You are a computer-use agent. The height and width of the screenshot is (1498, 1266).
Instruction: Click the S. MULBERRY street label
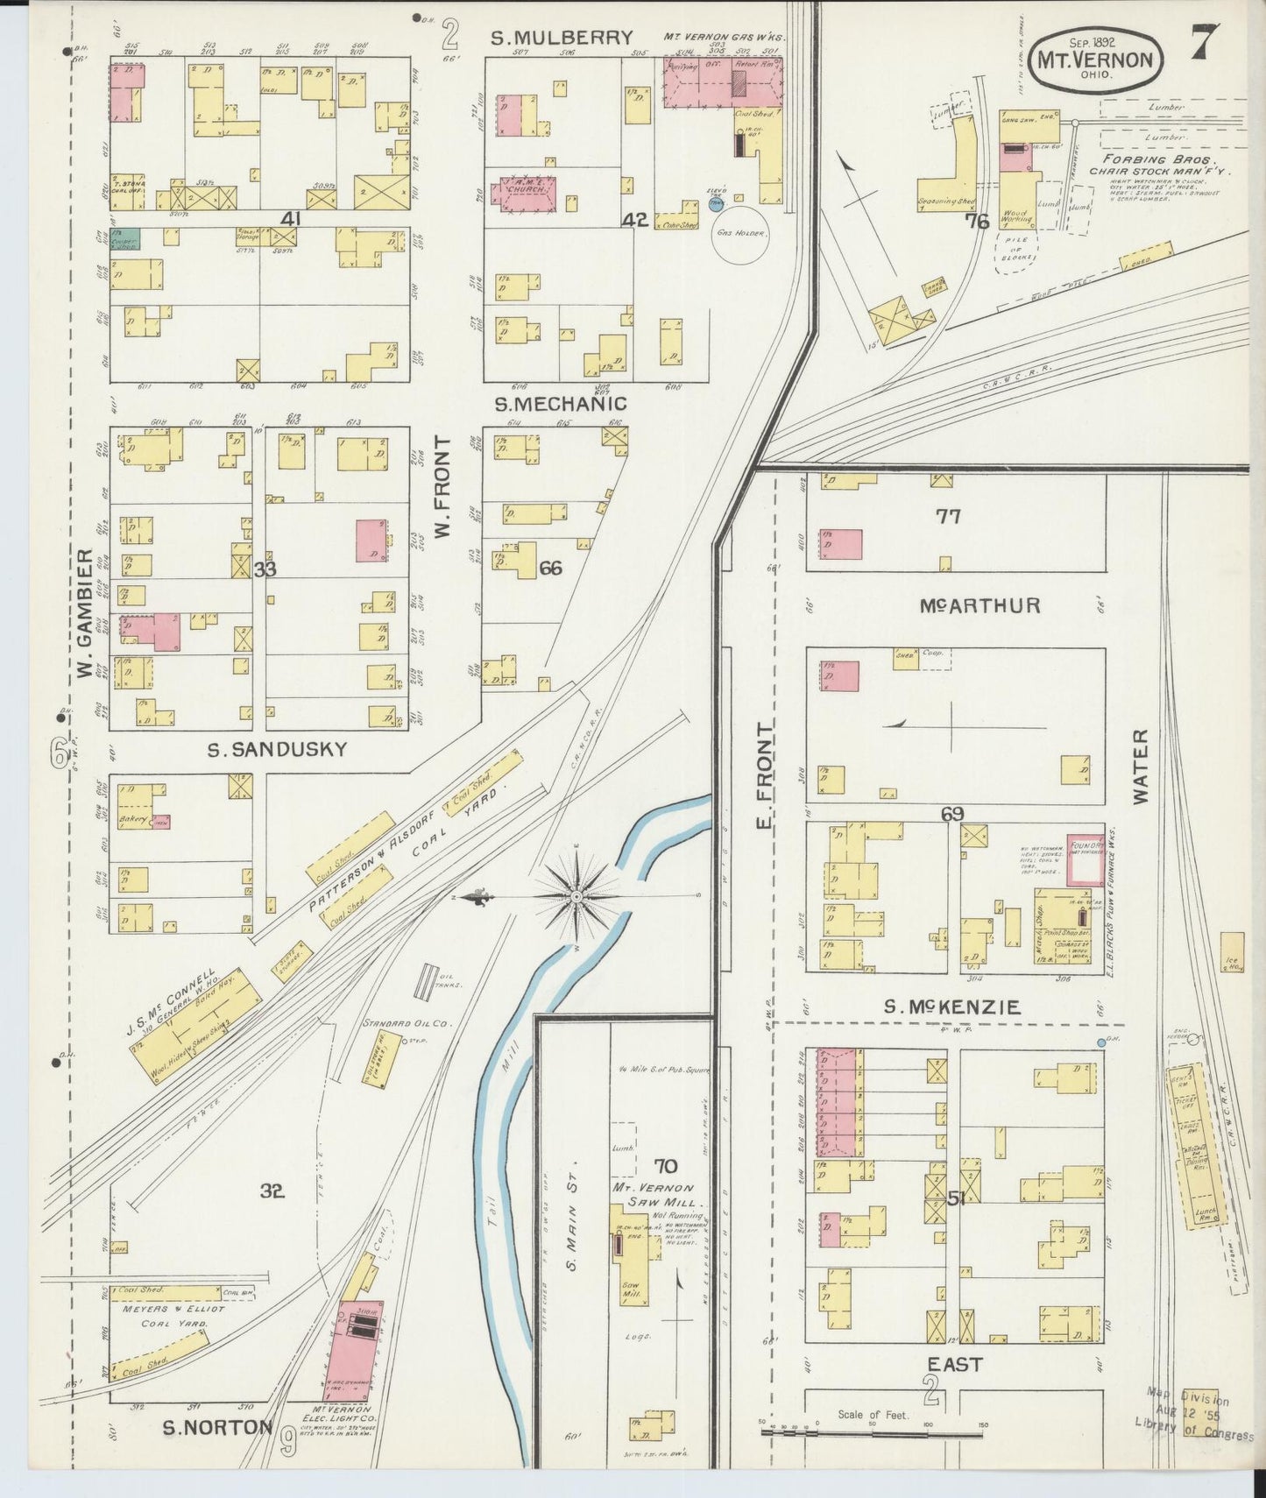561,38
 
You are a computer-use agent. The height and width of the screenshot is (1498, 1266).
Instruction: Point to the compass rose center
576,897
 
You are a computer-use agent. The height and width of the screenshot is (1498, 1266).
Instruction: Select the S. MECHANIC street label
561,404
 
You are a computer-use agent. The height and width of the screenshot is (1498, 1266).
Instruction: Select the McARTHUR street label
980,605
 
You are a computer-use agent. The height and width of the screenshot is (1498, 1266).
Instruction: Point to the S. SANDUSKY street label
277,750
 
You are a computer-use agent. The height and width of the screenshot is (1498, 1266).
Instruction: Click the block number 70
665,1165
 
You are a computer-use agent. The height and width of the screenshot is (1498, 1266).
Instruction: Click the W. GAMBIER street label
84,613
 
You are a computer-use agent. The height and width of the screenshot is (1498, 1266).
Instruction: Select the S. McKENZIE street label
951,1007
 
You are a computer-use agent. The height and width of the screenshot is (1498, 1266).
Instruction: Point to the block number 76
976,222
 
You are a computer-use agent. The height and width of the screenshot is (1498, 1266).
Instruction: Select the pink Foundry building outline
1085,858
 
